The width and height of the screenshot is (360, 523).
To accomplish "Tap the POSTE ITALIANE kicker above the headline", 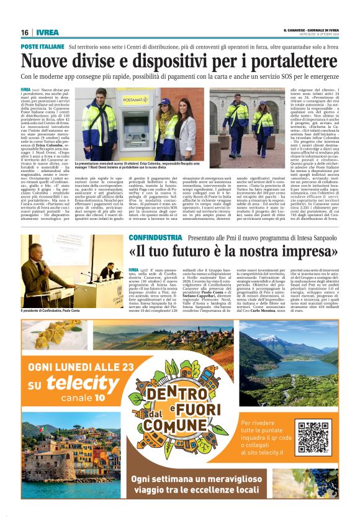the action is (x=42, y=47).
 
